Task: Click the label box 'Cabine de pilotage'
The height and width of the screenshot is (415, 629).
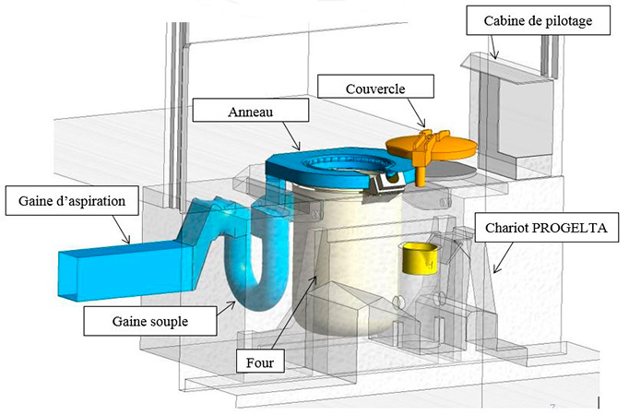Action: point(539,18)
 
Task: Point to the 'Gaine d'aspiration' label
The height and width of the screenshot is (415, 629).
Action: point(71,198)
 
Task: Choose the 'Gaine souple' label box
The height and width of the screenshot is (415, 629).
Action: point(150,320)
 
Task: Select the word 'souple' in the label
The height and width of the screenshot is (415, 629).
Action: point(172,320)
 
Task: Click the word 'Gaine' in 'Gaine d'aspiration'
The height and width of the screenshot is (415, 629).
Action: point(31,198)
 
